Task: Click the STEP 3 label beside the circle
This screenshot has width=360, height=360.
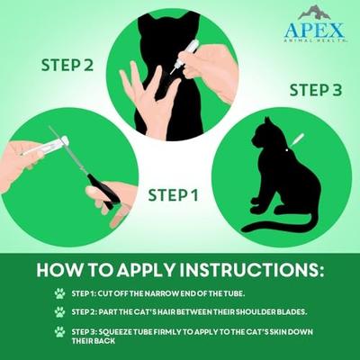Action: [x=315, y=91]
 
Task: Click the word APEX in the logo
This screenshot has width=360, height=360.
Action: [x=314, y=30]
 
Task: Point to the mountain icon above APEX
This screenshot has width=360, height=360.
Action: [x=315, y=12]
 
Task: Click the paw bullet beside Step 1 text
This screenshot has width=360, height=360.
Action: [x=59, y=293]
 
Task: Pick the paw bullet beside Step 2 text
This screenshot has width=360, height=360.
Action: [x=59, y=311]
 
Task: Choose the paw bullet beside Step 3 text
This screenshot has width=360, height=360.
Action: [x=59, y=331]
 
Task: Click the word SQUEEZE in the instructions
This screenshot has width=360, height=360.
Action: [x=126, y=330]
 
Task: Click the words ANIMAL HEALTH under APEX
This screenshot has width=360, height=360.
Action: [x=314, y=43]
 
